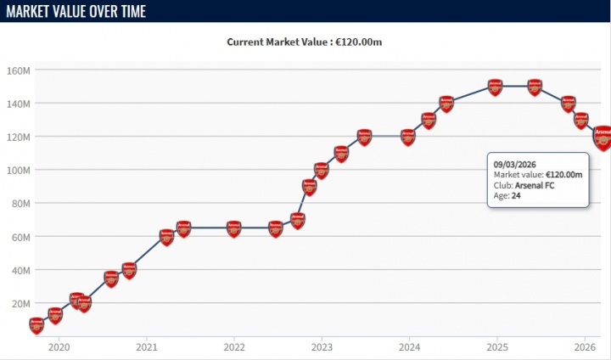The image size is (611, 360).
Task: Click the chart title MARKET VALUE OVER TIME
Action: [x=76, y=11]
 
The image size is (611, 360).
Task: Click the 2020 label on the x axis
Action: [x=59, y=346]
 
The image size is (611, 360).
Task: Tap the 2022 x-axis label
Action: [x=234, y=346]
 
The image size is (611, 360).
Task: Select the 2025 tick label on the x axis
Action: [x=496, y=346]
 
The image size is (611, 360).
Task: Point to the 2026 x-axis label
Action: [x=584, y=346]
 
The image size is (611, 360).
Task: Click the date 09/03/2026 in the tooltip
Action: [x=515, y=163]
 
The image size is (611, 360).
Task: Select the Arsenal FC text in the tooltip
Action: [x=535, y=185]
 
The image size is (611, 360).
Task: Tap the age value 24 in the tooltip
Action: [x=515, y=196]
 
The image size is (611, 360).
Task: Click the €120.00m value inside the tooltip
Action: [x=564, y=174]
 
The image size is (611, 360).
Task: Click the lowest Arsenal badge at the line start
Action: [x=36, y=325]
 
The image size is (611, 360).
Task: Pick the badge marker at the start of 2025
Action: [x=496, y=87]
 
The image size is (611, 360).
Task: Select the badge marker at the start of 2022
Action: [x=234, y=229]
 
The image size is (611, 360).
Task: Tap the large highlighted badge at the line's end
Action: [x=603, y=137]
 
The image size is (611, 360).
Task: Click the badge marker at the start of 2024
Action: [x=408, y=137]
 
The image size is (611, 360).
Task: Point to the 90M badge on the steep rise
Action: [x=309, y=187]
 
